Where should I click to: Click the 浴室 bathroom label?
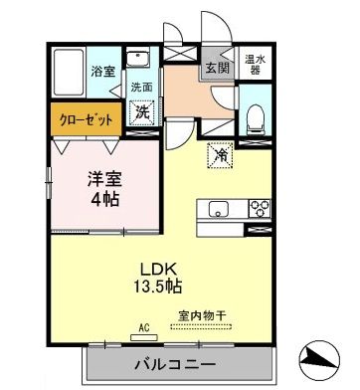click(103, 71)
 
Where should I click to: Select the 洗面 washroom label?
click(141, 87)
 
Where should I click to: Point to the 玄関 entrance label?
click(216, 69)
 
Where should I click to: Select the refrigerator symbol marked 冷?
click(220, 153)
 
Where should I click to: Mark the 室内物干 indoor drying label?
click(202, 316)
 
